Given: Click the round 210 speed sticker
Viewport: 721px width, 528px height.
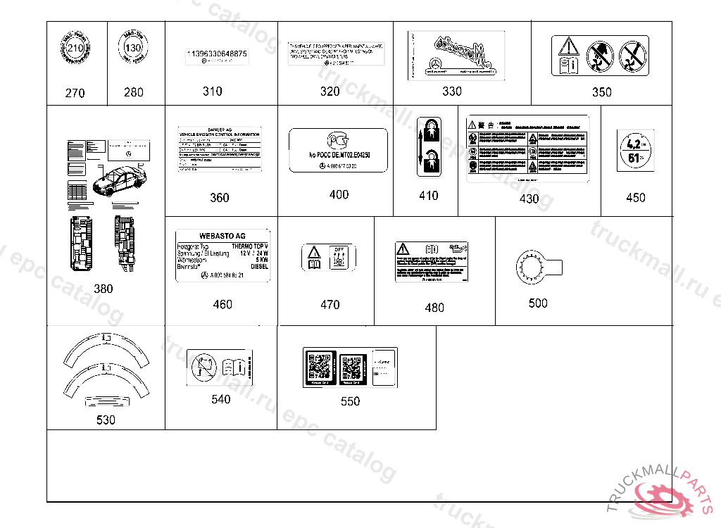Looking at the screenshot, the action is click(x=75, y=49).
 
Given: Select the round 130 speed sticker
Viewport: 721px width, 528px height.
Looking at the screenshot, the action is click(x=133, y=48).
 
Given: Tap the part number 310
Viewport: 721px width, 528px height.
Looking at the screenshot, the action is click(x=212, y=91).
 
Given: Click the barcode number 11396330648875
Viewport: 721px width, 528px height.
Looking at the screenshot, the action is click(x=216, y=54).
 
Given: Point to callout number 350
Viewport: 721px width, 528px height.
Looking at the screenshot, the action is click(x=601, y=92).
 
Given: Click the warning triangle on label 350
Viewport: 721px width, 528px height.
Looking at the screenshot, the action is click(x=568, y=48).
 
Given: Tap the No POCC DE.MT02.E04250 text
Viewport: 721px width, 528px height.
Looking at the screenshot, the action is click(x=339, y=154).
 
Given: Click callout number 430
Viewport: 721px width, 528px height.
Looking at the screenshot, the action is click(x=529, y=199).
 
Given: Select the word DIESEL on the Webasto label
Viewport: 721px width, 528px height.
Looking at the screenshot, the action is click(x=260, y=267).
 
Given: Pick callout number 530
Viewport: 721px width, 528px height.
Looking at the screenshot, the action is click(x=106, y=420).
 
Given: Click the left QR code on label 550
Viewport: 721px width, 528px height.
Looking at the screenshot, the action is click(x=320, y=367).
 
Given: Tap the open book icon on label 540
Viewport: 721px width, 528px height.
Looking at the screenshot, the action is click(x=233, y=367).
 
